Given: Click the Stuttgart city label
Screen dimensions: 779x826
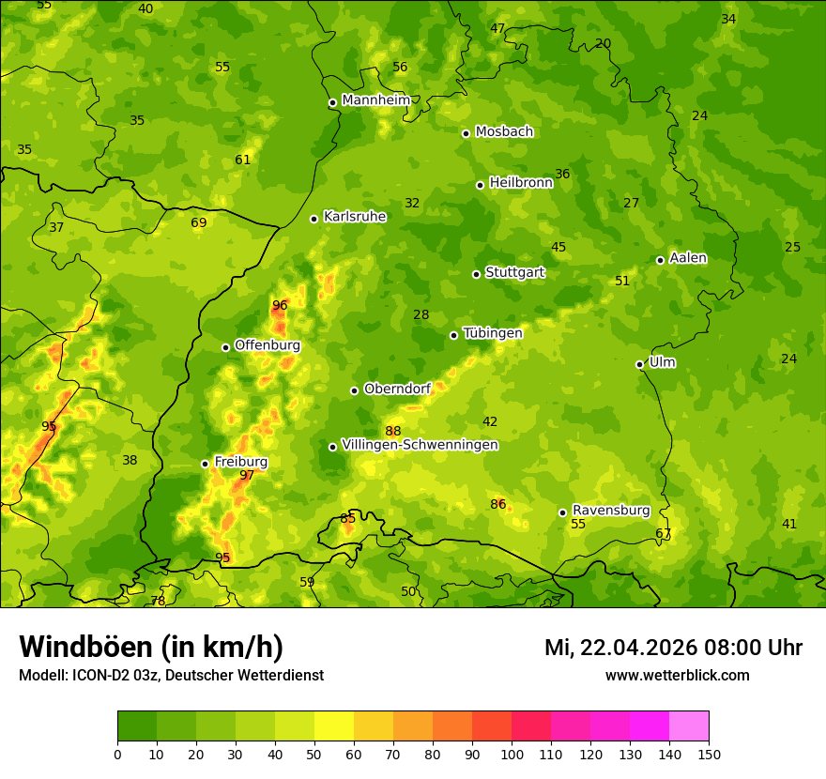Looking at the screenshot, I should pyautogui.click(x=514, y=272).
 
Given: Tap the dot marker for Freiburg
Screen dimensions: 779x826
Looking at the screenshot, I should pyautogui.click(x=205, y=464).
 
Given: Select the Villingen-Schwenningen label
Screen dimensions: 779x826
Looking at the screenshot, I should pyautogui.click(x=420, y=445).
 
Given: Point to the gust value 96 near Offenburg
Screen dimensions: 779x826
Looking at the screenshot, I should pyautogui.click(x=280, y=305).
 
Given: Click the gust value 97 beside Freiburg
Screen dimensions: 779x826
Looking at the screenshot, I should pyautogui.click(x=247, y=475).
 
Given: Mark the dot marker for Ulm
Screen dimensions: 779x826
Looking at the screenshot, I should pyautogui.click(x=639, y=364).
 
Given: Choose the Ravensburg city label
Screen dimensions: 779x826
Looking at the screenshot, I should pyautogui.click(x=611, y=511).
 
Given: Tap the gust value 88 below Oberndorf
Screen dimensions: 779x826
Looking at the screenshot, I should pyautogui.click(x=393, y=431).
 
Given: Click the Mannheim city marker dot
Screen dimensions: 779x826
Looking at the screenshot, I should pyautogui.click(x=332, y=103).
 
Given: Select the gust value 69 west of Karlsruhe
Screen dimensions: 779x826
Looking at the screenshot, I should pyautogui.click(x=199, y=222).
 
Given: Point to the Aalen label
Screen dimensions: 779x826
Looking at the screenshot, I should pyautogui.click(x=688, y=258).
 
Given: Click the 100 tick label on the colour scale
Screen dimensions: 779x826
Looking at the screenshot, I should pyautogui.click(x=512, y=754).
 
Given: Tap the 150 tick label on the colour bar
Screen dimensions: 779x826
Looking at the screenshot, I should pyautogui.click(x=709, y=754).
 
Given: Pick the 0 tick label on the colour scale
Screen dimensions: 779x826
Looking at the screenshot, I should pyautogui.click(x=117, y=754).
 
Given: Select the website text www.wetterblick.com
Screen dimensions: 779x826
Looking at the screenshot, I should pyautogui.click(x=677, y=675).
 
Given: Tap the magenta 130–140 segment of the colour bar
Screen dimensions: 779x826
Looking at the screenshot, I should pyautogui.click(x=650, y=726).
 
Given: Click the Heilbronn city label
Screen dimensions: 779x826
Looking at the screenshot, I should pyautogui.click(x=521, y=183).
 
